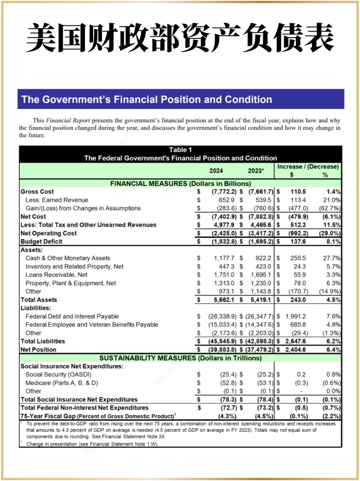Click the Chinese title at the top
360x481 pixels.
click(x=180, y=37)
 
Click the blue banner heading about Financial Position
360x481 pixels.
click(x=147, y=99)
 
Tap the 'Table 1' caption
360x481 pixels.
click(x=180, y=150)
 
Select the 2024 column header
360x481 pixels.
click(x=216, y=171)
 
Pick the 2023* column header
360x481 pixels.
click(x=256, y=171)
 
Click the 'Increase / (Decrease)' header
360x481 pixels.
click(x=308, y=166)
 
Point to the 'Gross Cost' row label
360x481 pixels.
click(x=37, y=192)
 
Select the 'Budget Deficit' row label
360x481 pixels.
click(x=41, y=241)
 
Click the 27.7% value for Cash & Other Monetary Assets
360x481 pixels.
click(x=331, y=258)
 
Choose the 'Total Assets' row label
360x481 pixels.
click(x=39, y=300)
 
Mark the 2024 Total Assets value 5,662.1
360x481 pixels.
click(x=224, y=300)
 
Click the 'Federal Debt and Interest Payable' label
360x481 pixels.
click(x=72, y=316)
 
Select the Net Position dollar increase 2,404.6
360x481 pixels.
click(x=295, y=350)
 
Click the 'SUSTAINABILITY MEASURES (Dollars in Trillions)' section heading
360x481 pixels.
click(x=180, y=358)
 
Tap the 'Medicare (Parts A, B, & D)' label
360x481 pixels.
click(x=62, y=383)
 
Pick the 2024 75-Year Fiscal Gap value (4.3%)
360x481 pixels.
click(x=227, y=416)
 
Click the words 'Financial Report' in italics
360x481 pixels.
click(x=68, y=120)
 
